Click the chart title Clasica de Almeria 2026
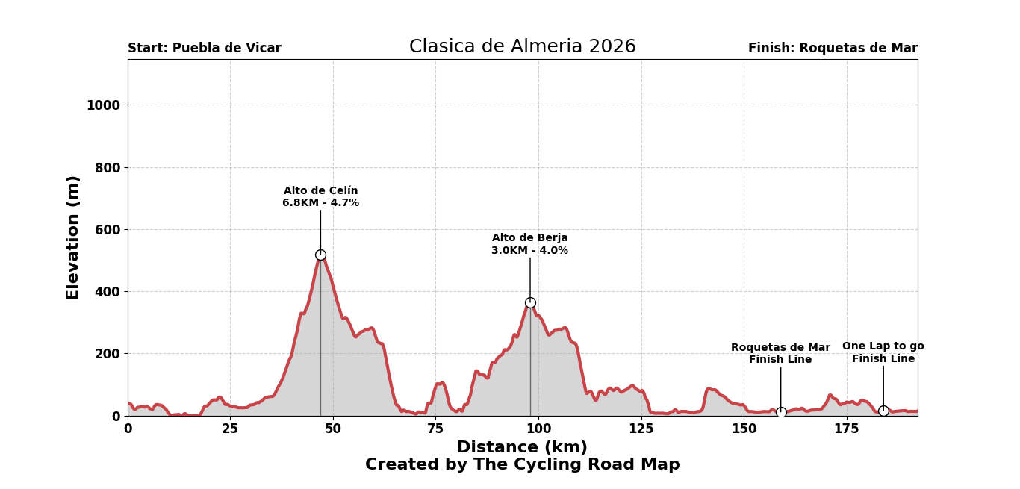click(x=522, y=47)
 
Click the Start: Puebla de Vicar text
click(x=205, y=49)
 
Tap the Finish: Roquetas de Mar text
click(x=833, y=49)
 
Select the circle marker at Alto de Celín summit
click(x=320, y=255)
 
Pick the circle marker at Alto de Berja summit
click(x=530, y=302)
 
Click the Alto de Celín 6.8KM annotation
click(x=320, y=197)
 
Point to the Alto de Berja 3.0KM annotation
click(x=529, y=245)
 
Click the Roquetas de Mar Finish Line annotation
click(x=780, y=354)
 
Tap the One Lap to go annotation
click(x=883, y=352)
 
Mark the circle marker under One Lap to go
click(x=883, y=411)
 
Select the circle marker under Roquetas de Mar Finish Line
click(x=781, y=412)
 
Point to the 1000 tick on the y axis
click(x=103, y=105)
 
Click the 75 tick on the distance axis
click(x=435, y=429)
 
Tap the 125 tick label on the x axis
click(x=641, y=429)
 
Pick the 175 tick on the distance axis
click(x=846, y=429)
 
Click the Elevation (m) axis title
click(x=73, y=237)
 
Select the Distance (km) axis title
click(x=522, y=447)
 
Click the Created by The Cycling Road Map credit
click(x=522, y=464)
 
